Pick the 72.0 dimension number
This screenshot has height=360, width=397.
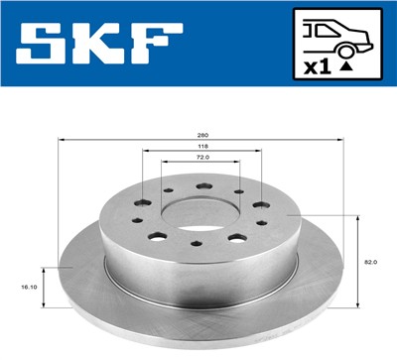coord(203,157)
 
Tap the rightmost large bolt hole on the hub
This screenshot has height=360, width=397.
coord(260,205)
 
